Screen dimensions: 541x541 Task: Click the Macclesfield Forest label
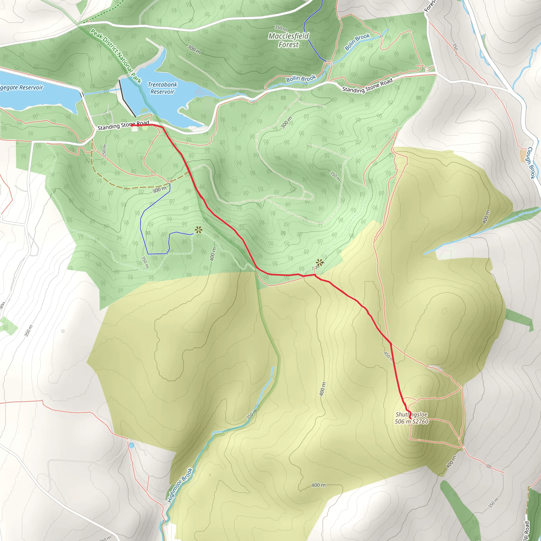tap(288, 40)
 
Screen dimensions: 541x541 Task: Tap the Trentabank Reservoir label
tap(162, 88)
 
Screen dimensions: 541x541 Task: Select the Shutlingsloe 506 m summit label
tap(412, 418)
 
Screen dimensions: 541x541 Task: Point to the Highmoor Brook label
tap(180, 485)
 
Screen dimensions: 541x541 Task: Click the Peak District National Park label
tap(116, 56)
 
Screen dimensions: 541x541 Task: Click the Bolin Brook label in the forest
tap(357, 42)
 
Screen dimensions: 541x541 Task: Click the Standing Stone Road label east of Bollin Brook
tap(367, 85)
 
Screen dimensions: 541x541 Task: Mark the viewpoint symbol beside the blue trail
tap(199, 230)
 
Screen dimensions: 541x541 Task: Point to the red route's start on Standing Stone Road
tap(132, 126)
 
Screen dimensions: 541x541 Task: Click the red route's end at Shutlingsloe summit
tap(411, 418)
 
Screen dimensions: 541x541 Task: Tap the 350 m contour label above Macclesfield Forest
tap(281, 28)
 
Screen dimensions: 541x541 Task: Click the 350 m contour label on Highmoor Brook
tap(252, 414)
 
